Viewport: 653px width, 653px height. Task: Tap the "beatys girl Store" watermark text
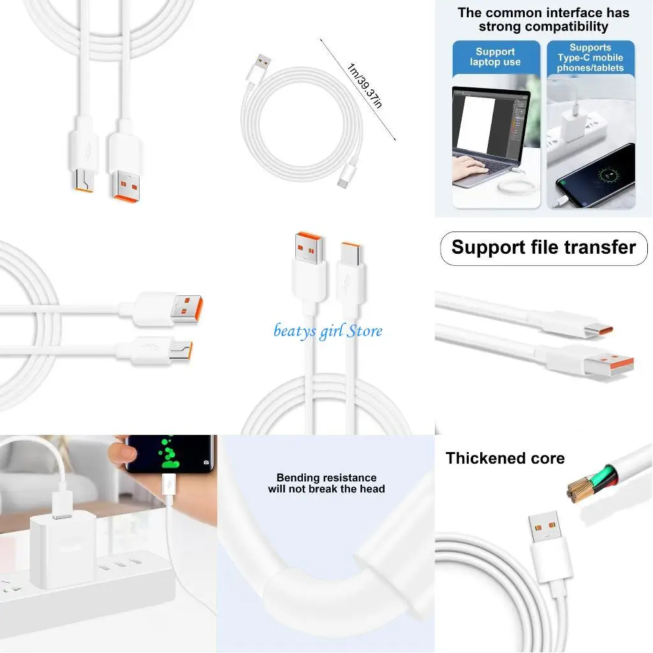(328, 330)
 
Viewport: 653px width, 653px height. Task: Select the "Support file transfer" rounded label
(543, 248)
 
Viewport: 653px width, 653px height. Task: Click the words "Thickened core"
(504, 458)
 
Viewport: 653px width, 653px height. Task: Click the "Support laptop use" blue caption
(495, 57)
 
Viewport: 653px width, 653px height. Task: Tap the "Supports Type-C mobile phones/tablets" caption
(590, 57)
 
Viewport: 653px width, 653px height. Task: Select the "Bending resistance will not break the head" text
(326, 483)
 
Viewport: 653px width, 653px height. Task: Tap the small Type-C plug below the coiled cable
(345, 179)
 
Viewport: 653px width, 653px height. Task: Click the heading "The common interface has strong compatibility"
(543, 19)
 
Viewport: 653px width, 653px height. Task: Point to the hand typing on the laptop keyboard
(470, 170)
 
